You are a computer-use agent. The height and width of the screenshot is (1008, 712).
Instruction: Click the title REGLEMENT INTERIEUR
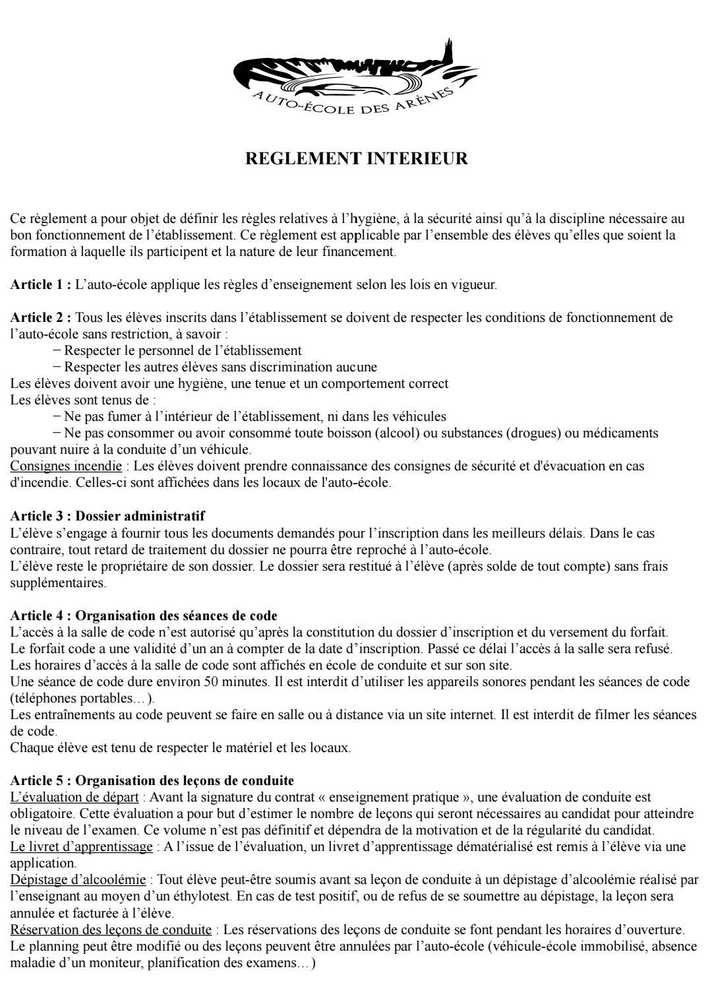point(356,159)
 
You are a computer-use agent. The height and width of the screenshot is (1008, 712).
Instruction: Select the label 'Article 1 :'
point(41,285)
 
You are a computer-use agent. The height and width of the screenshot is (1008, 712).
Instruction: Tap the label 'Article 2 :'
point(41,317)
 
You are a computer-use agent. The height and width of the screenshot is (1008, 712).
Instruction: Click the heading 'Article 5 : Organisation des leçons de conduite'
point(152,781)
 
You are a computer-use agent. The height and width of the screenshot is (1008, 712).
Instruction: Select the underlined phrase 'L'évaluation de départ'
point(74,798)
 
